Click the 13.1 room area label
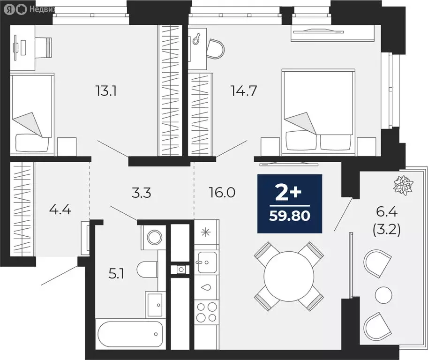point(105,90)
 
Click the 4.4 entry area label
point(60,209)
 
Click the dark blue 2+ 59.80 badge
point(290,203)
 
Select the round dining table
point(289,276)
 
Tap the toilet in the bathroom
point(148,270)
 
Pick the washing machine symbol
point(153,237)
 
